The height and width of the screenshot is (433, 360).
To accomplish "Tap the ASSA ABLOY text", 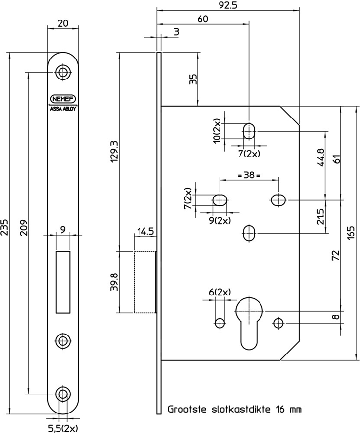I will click(62, 109).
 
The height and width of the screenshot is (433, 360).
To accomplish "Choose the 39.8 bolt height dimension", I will click(114, 281).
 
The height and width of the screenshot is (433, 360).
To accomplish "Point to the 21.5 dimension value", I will click(321, 215).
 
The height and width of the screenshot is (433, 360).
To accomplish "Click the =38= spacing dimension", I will click(248, 174).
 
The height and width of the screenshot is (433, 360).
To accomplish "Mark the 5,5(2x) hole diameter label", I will click(62, 428).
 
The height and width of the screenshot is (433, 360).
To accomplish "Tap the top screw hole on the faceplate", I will click(62, 72).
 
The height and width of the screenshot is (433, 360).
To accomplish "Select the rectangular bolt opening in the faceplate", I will click(62, 281).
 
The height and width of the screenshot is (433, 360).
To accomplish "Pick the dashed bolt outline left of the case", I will click(144, 281).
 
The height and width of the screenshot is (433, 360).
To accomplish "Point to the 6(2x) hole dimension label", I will click(219, 292).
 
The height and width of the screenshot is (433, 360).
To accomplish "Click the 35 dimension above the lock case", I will click(193, 79).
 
